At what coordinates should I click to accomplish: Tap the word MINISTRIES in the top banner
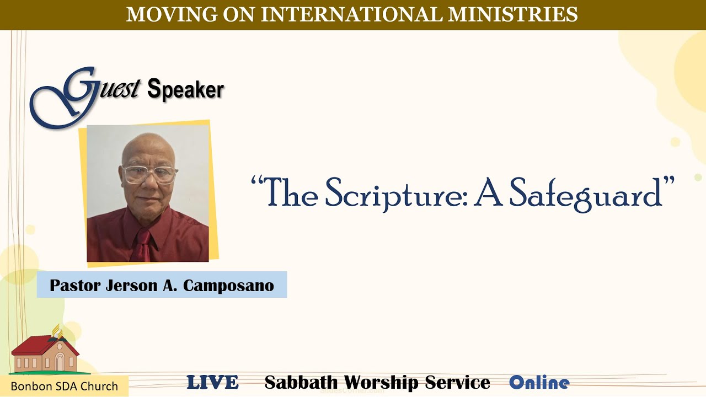[512, 14]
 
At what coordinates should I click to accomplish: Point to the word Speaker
[185, 89]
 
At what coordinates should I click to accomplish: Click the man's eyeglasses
[149, 175]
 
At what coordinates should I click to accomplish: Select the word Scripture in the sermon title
[395, 192]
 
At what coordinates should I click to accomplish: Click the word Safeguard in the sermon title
[586, 192]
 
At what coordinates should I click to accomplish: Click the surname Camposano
[228, 286]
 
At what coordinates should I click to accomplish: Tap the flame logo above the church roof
[57, 332]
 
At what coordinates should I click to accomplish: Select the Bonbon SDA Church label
[65, 386]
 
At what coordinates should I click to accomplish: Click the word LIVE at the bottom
[212, 383]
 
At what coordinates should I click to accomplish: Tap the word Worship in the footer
[381, 383]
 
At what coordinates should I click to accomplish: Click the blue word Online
[539, 383]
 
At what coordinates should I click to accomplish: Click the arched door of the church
[60, 362]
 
